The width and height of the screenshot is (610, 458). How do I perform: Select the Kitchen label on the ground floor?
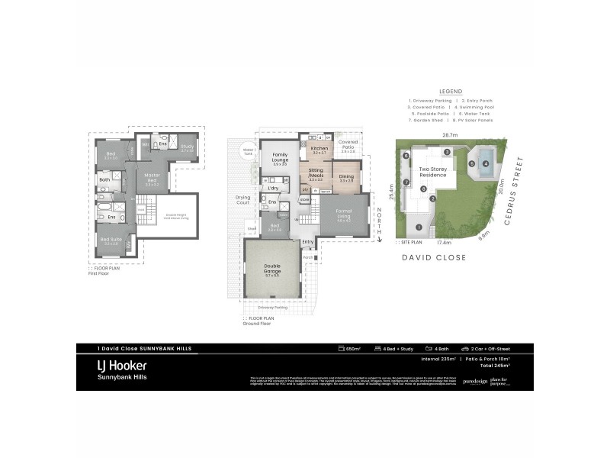point(319,148)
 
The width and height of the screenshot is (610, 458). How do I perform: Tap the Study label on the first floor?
point(188,147)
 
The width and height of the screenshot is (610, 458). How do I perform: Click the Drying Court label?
point(242,200)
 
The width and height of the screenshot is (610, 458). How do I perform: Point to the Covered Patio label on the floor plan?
point(348,144)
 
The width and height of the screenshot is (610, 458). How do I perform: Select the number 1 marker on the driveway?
point(418,227)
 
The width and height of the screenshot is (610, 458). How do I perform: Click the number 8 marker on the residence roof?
point(406,155)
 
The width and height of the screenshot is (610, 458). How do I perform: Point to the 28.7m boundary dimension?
point(450,135)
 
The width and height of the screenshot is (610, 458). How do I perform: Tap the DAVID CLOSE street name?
point(436,258)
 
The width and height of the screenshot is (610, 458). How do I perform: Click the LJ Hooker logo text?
point(121,366)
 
